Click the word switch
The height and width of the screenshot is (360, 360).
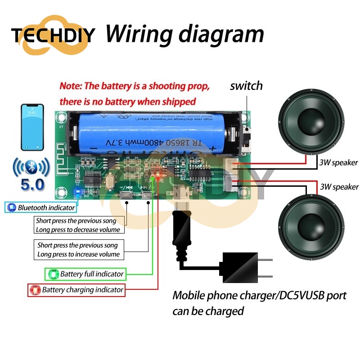click(246, 85)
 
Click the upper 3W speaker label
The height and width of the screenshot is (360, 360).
click(338, 162)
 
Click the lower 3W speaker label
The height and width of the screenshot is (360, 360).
click(339, 186)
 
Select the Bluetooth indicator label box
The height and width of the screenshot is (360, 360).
click(41, 207)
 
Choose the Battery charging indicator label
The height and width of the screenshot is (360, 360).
click(76, 290)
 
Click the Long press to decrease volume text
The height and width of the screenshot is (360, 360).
click(79, 229)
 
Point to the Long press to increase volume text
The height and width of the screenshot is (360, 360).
click(79, 254)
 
